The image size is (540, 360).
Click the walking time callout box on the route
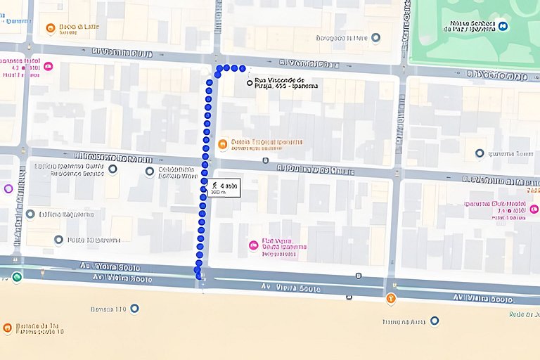tap(224, 188)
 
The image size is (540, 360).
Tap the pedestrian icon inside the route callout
tap(214, 185)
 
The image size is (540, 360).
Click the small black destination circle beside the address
tap(250, 83)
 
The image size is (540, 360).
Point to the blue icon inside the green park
tap(504, 26)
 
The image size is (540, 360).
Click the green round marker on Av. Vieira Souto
tap(16, 277)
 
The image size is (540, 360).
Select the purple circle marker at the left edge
tap(8, 188)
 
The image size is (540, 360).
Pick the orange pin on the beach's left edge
tap(7, 328)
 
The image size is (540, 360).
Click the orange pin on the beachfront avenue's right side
tap(391, 298)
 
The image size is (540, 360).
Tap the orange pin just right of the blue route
tap(222, 144)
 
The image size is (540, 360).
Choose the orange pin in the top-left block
tap(50, 29)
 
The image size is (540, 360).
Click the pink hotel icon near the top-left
tap(48, 67)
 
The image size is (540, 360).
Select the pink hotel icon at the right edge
tap(534, 209)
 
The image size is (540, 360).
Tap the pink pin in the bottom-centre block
tap(253, 245)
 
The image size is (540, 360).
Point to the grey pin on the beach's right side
tap(434, 321)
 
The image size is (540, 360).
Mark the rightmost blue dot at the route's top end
tap(243, 69)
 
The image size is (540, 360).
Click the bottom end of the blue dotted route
tap(198, 276)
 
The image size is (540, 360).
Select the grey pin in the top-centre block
tap(375, 37)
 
